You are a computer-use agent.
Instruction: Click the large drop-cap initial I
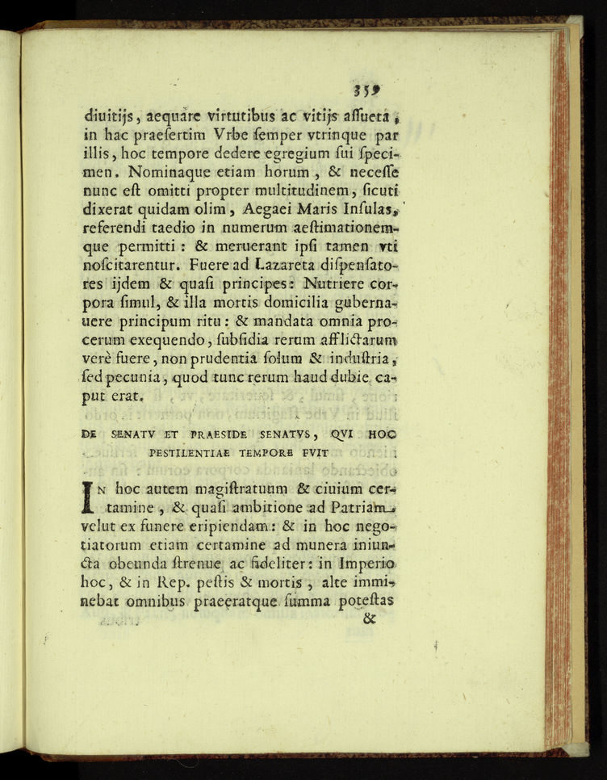90,495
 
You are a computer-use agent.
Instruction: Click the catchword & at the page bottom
370,620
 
